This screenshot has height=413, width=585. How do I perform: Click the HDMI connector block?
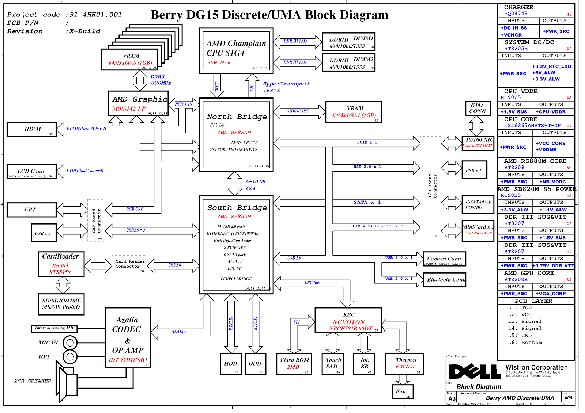coord(32,129)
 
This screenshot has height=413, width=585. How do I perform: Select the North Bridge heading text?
coord(237,117)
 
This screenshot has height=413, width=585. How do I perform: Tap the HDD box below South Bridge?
coord(231,364)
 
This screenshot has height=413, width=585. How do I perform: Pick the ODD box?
coord(255,364)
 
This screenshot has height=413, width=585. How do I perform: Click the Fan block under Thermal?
coord(402,392)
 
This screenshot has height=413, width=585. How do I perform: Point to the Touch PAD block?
coord(333,363)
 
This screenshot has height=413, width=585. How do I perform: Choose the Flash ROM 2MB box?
coord(294,363)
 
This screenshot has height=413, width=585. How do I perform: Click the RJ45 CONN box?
coord(477,108)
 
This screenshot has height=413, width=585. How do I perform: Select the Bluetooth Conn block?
coord(445,280)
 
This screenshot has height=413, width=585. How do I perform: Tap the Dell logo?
coord(475,372)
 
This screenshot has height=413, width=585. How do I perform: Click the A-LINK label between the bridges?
coord(256,181)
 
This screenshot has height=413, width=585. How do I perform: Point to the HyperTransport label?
coord(286,84)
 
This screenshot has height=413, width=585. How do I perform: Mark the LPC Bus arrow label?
coord(312,283)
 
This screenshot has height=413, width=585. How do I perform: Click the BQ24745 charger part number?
coord(516,14)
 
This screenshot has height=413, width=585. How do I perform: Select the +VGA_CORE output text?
coord(551,294)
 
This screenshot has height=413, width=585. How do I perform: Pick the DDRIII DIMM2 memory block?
coord(349,62)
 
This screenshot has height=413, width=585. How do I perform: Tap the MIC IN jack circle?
coord(70,343)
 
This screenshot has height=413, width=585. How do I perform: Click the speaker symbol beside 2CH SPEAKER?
coord(67,381)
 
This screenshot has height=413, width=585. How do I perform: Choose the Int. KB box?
coord(365,363)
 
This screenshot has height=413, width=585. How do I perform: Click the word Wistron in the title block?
coord(520,367)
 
